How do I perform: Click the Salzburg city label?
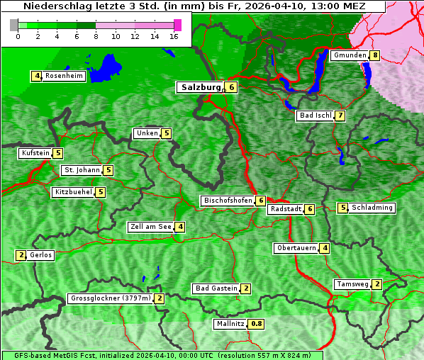201,87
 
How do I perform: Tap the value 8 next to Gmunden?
375,55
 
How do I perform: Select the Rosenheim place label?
63,76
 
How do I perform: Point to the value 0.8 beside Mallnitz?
256,324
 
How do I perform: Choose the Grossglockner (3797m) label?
111,298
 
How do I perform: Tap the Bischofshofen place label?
228,201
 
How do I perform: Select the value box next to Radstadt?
309,209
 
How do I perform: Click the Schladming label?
372,208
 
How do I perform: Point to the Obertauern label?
296,248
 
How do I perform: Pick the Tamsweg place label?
352,284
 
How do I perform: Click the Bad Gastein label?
216,288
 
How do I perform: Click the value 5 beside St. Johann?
108,170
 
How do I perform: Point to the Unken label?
147,133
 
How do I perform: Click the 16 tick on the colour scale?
174,36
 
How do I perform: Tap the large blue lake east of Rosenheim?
107,65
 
